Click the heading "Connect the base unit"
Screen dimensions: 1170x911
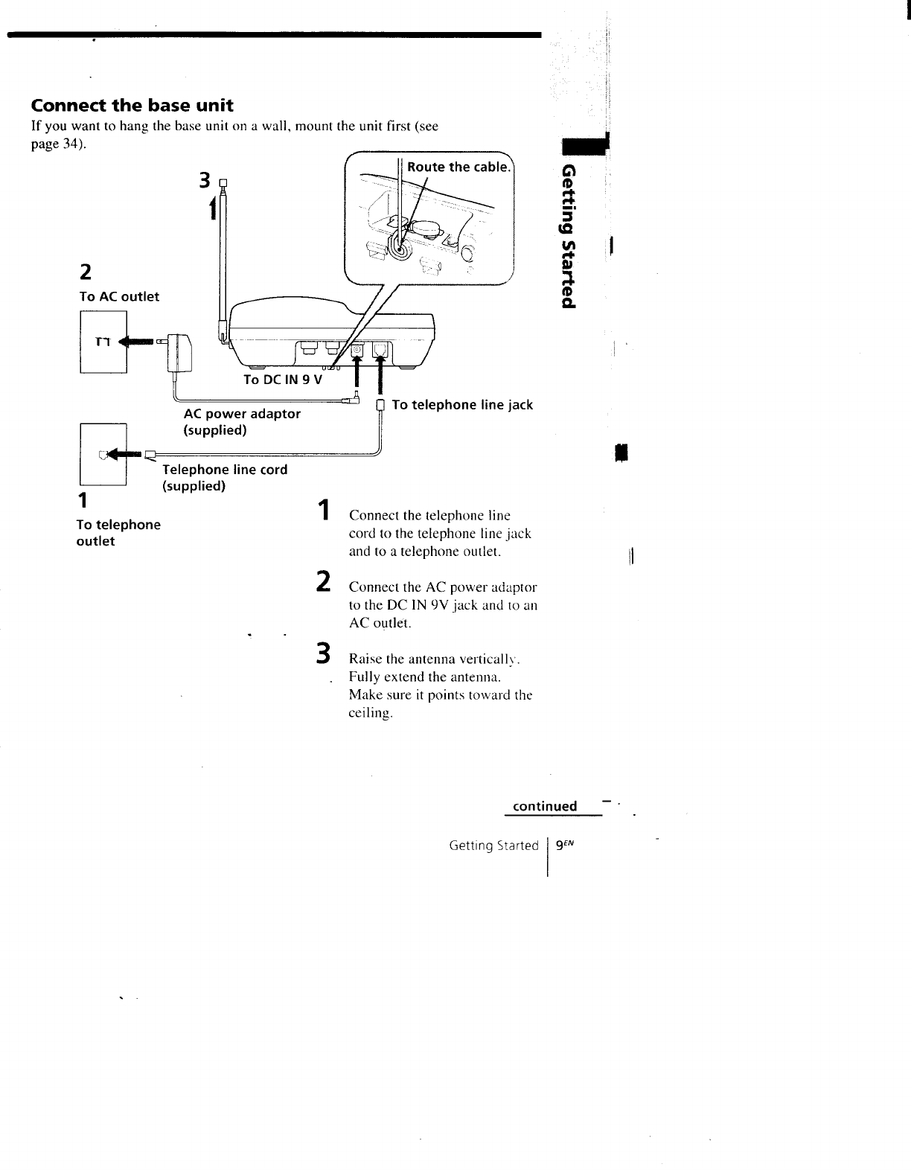pyautogui.click(x=132, y=105)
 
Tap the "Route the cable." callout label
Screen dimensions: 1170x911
pyautogui.click(x=458, y=167)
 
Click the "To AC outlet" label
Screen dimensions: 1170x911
pyautogui.click(x=119, y=296)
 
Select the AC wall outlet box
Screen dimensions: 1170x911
pyautogui.click(x=103, y=342)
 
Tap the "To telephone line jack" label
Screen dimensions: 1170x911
pyautogui.click(x=462, y=405)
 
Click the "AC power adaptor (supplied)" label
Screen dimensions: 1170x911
pyautogui.click(x=242, y=422)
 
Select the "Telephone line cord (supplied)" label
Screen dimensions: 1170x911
pyautogui.click(x=224, y=478)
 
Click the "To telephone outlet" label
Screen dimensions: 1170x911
pyautogui.click(x=118, y=533)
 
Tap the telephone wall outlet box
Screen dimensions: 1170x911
pyautogui.click(x=103, y=453)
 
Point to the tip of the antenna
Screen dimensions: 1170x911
pyautogui.click(x=222, y=179)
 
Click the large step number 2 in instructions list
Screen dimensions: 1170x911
pyautogui.click(x=322, y=581)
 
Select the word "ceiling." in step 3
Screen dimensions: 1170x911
pyautogui.click(x=371, y=713)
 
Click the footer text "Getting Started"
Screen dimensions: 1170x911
pyautogui.click(x=493, y=845)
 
